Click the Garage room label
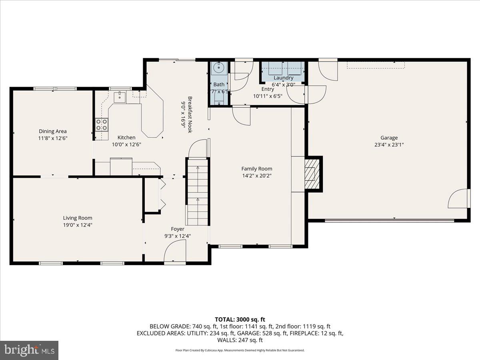389,138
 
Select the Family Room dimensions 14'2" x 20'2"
256,176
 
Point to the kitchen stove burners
102,124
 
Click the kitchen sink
120,96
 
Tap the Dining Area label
53,131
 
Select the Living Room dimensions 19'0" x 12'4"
78,225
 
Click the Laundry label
283,78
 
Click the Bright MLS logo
29,350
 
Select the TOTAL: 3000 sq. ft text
240,319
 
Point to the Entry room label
268,89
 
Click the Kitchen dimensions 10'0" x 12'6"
126,144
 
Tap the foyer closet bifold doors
162,194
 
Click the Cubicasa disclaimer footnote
240,350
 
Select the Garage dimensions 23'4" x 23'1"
389,145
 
